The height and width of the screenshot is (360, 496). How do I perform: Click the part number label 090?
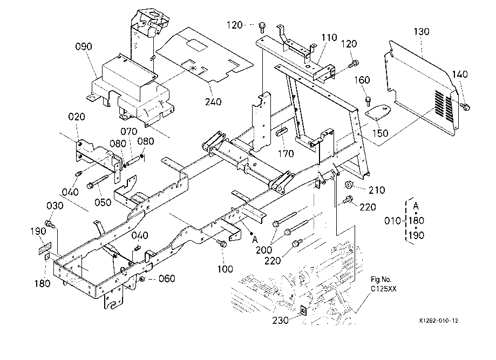[x=84, y=47]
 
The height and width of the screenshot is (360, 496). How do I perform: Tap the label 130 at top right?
[x=422, y=32]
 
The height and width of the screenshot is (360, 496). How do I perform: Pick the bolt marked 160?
[x=368, y=100]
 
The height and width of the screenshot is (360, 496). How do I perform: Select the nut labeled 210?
[x=349, y=186]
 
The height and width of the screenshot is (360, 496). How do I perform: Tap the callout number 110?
[x=329, y=38]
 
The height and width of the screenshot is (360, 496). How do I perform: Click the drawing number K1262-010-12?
[x=439, y=321]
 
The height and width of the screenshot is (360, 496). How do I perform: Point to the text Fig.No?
[x=381, y=280]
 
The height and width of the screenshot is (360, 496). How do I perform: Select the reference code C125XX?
[x=383, y=289]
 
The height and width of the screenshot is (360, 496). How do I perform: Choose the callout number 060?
[x=166, y=279]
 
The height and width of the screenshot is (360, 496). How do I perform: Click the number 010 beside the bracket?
[x=392, y=221]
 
